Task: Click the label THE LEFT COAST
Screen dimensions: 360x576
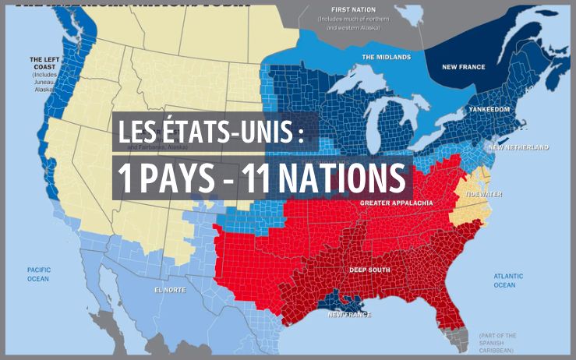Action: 45,63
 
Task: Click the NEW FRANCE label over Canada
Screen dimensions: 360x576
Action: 463,67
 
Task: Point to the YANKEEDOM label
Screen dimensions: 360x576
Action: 489,110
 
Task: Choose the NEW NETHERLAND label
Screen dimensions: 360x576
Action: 518,147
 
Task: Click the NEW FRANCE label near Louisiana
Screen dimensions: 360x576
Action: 348,314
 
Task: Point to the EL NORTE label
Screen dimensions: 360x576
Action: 171,290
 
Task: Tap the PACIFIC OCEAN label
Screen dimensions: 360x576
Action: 38,274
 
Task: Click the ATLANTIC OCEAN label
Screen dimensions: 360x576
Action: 508,281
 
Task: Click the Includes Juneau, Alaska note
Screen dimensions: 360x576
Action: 46,81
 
